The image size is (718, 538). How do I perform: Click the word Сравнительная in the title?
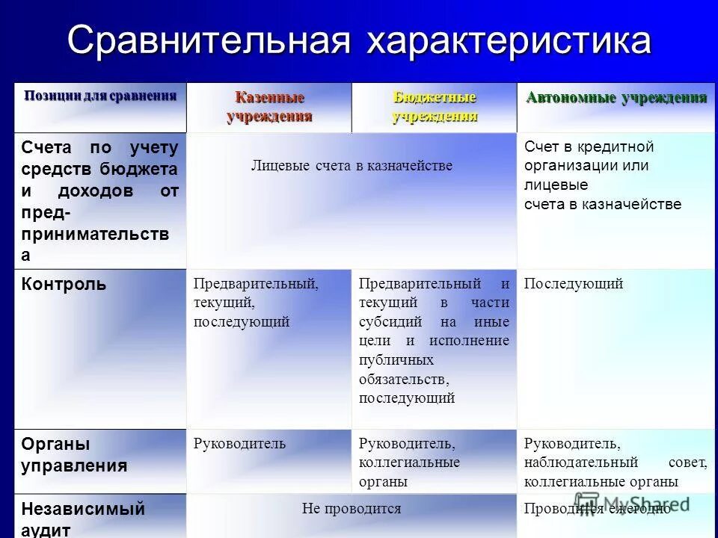tap(209, 41)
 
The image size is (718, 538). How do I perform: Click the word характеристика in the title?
tap(509, 41)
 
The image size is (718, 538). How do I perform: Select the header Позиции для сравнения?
tap(100, 96)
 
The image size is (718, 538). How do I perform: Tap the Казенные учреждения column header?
tap(269, 107)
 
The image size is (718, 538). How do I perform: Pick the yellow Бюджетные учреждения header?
tap(435, 107)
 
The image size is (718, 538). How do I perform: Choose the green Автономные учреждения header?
tap(616, 98)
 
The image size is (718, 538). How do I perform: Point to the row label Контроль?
tap(64, 284)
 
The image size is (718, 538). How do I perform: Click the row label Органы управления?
tap(75, 455)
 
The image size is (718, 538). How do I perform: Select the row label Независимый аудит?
tap(83, 519)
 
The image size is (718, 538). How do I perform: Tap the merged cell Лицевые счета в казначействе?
tap(352, 166)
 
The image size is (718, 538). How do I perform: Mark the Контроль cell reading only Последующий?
tap(574, 284)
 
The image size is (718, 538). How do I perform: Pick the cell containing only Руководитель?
tap(239, 444)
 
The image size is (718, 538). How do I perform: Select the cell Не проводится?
tap(352, 509)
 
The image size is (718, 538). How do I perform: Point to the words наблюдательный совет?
tap(615, 463)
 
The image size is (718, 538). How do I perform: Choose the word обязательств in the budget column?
tap(402, 380)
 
